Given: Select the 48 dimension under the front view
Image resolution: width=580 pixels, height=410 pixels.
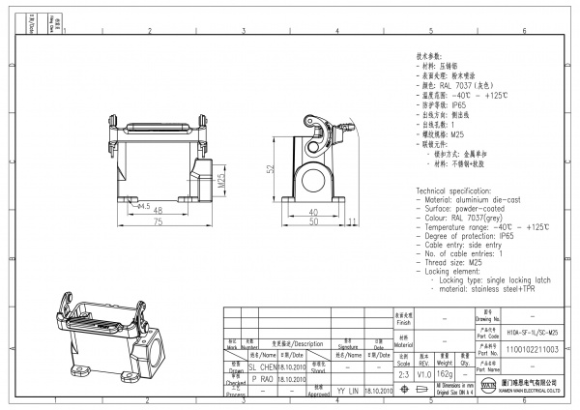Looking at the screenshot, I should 158,210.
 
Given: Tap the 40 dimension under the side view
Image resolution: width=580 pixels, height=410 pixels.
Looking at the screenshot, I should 312,211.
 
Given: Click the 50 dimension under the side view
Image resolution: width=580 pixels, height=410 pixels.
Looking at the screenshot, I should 312,222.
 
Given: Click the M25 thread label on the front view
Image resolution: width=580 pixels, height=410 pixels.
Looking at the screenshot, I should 221,181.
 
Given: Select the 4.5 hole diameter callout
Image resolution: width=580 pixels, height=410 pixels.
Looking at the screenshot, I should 144,206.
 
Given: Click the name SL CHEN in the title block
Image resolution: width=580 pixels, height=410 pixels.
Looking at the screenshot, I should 263,367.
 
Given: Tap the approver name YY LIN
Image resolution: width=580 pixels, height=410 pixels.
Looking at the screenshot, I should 347,393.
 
